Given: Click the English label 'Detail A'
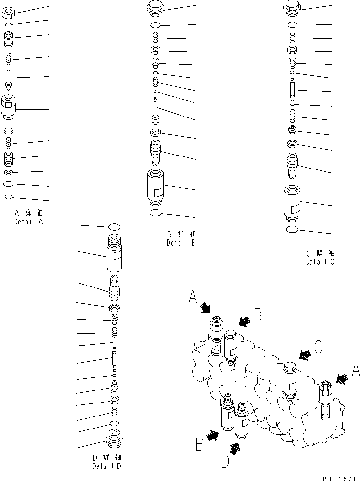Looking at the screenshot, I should coord(28,222).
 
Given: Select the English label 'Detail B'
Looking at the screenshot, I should coord(181,243).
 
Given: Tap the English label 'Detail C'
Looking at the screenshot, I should coord(320,262).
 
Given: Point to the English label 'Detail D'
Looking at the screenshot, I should coord(107,466).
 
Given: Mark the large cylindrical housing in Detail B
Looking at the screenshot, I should coord(155,188).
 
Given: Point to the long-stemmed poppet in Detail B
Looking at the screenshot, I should coord(155,111).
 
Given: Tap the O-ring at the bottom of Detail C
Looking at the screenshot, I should coord(292,230).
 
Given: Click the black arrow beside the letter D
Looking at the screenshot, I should coord(235,448).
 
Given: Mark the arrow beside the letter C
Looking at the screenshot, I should coord(304,355).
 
